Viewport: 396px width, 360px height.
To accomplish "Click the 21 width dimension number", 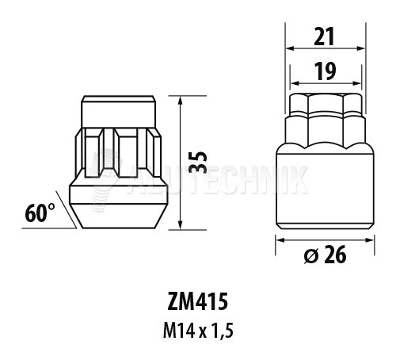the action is (x=325, y=36).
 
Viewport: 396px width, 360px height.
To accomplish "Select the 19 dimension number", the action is (x=326, y=71).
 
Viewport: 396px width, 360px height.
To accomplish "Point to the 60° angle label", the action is (x=40, y=213).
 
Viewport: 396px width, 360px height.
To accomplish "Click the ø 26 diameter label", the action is (x=325, y=255).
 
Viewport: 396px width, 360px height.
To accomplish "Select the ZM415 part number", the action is (x=197, y=302).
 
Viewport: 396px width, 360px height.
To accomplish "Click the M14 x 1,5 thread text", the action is (x=198, y=331).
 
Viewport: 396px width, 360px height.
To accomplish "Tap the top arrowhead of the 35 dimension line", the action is (x=181, y=100).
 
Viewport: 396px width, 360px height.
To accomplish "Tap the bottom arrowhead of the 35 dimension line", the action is (x=181, y=225).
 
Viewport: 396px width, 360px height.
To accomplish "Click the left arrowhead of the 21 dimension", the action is (x=291, y=48).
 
